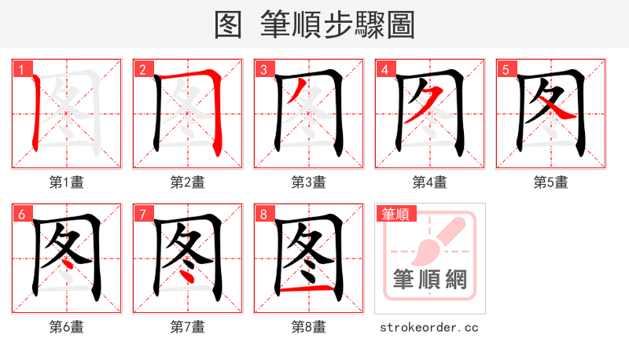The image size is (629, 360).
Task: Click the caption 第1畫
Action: point(66,182)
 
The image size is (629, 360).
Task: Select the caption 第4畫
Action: point(429,182)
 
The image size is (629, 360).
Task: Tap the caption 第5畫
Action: point(550,182)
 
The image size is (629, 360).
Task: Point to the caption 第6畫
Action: point(66,327)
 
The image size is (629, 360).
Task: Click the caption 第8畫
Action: point(308,327)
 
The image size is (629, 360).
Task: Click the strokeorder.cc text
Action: point(429,327)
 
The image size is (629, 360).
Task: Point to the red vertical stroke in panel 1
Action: point(35,114)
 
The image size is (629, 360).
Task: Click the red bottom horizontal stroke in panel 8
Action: point(308,290)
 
